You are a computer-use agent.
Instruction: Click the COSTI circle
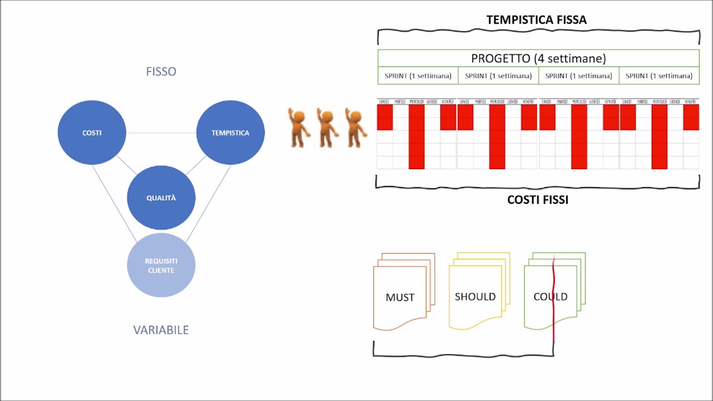[x=92, y=133]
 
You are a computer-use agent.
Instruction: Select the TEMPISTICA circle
[x=230, y=133]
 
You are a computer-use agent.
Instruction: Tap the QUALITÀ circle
[x=161, y=198]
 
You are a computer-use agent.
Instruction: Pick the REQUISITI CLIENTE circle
[x=161, y=265]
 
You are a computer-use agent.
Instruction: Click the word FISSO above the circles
[x=161, y=71]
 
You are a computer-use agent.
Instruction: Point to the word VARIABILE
[x=161, y=330]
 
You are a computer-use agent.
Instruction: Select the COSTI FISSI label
[x=538, y=199]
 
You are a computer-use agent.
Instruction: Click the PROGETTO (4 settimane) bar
[x=538, y=58]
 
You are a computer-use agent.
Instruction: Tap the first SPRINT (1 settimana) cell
[x=418, y=76]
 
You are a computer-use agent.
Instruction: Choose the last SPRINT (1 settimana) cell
[x=659, y=76]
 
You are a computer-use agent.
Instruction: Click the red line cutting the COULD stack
[x=554, y=323]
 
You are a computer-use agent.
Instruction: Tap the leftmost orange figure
[x=299, y=128]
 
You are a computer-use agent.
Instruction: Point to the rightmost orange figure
[x=355, y=128]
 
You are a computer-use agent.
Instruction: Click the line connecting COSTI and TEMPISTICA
[x=161, y=133]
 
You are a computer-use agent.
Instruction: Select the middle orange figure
[x=327, y=128]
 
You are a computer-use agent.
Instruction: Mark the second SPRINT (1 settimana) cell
[x=498, y=76]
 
